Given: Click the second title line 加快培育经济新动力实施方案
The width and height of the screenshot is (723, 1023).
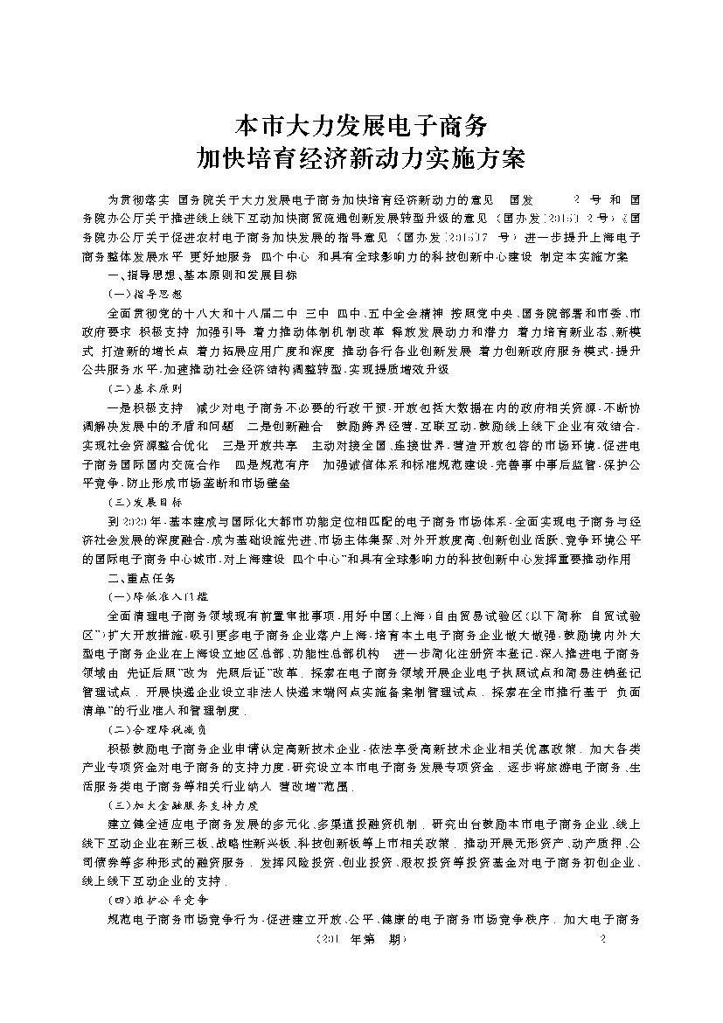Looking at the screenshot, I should pyautogui.click(x=361, y=159).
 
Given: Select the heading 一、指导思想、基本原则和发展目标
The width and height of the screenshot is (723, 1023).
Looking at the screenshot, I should pyautogui.click(x=201, y=275).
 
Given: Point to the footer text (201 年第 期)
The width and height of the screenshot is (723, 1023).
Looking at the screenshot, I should pyautogui.click(x=353, y=939).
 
